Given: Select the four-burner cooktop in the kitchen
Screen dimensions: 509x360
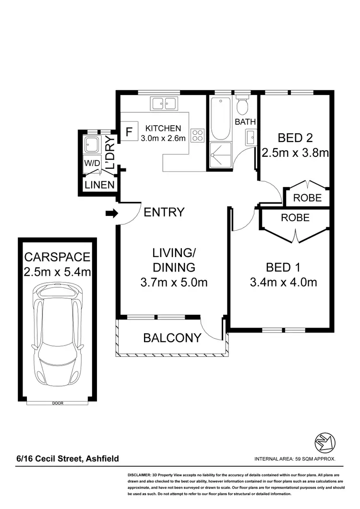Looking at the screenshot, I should coord(197,135).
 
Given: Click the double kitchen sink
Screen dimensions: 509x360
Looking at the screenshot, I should coord(164,103).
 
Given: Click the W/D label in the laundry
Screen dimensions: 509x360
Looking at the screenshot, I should coord(93,163).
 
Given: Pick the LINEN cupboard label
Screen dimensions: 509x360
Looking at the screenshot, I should coord(99,185).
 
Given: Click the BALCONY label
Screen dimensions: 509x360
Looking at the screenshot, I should coord(172,338).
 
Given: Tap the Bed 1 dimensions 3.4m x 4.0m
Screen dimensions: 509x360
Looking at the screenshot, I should coord(283,282).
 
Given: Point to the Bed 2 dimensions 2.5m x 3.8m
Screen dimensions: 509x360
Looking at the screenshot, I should coord(295,153).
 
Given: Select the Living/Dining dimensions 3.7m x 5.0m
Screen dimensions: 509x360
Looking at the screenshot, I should coord(174,283).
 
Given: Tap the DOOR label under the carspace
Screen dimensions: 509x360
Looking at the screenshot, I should coord(57,403).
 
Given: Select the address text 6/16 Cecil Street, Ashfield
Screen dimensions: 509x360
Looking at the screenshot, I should coord(67,459).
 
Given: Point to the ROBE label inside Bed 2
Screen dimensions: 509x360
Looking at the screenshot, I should coord(307,197).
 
